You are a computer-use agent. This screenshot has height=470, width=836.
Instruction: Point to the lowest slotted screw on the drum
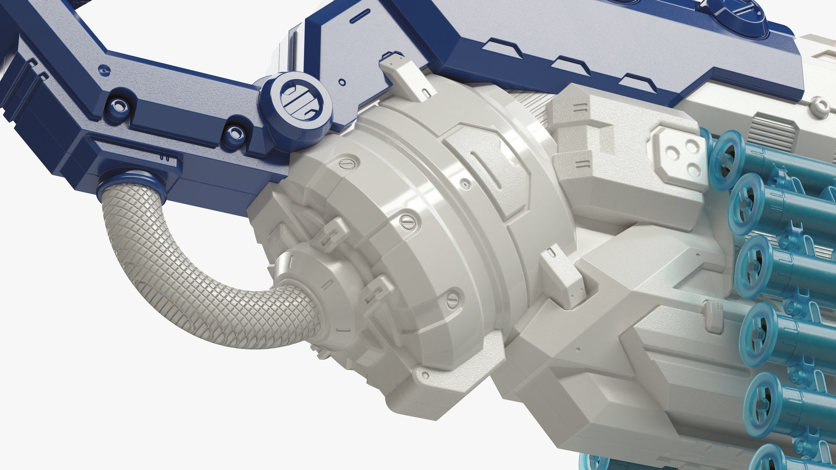point(453,299)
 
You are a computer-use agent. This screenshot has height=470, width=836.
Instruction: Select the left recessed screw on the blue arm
point(117,104)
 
